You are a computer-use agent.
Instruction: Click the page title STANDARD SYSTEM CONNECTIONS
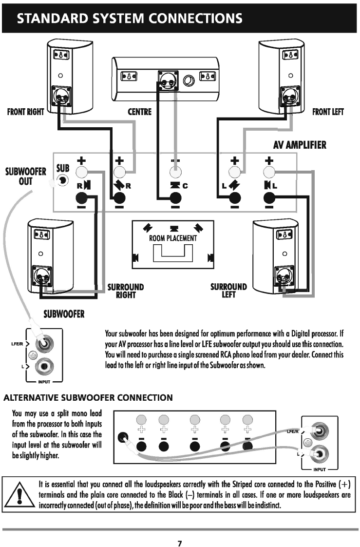coord(129,19)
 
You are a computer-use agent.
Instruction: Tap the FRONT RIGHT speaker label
coord(25,112)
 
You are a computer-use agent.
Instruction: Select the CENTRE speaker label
coord(139,112)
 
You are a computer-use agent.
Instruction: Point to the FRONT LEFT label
coord(328,112)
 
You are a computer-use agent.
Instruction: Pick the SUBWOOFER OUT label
coord(25,176)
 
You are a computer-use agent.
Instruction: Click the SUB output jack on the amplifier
coord(62,180)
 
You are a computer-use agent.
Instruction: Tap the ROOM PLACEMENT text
coord(173,238)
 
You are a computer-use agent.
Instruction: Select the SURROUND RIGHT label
coord(125,291)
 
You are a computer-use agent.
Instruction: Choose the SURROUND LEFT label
coord(228,291)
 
